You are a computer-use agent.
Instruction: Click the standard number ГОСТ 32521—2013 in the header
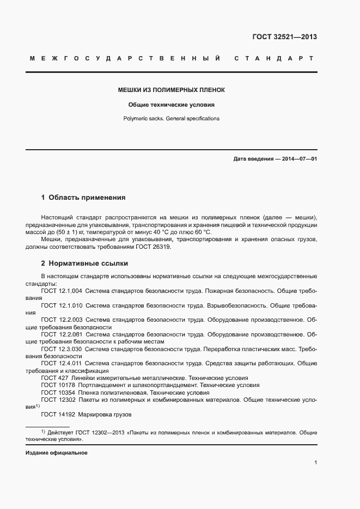tap(284, 37)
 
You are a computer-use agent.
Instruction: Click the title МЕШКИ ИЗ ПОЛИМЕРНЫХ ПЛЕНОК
tap(172, 89)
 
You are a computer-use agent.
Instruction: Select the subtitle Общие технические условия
tap(172, 104)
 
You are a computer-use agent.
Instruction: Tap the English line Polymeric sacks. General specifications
tap(172, 118)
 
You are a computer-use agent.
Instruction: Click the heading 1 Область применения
tap(83, 198)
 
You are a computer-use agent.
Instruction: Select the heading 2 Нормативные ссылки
tap(84, 263)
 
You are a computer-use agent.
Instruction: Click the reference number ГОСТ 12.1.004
tap(62, 291)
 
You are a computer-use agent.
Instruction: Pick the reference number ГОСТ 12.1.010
tap(62, 306)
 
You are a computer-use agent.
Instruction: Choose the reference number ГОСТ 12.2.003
tap(62, 320)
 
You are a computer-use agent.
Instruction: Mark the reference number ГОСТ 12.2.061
tap(62, 334)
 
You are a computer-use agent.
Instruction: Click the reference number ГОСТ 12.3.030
tap(62, 348)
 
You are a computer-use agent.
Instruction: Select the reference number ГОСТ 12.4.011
tap(62, 363)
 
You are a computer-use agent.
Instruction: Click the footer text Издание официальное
tap(57, 453)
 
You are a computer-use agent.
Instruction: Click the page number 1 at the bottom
tap(316, 463)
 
